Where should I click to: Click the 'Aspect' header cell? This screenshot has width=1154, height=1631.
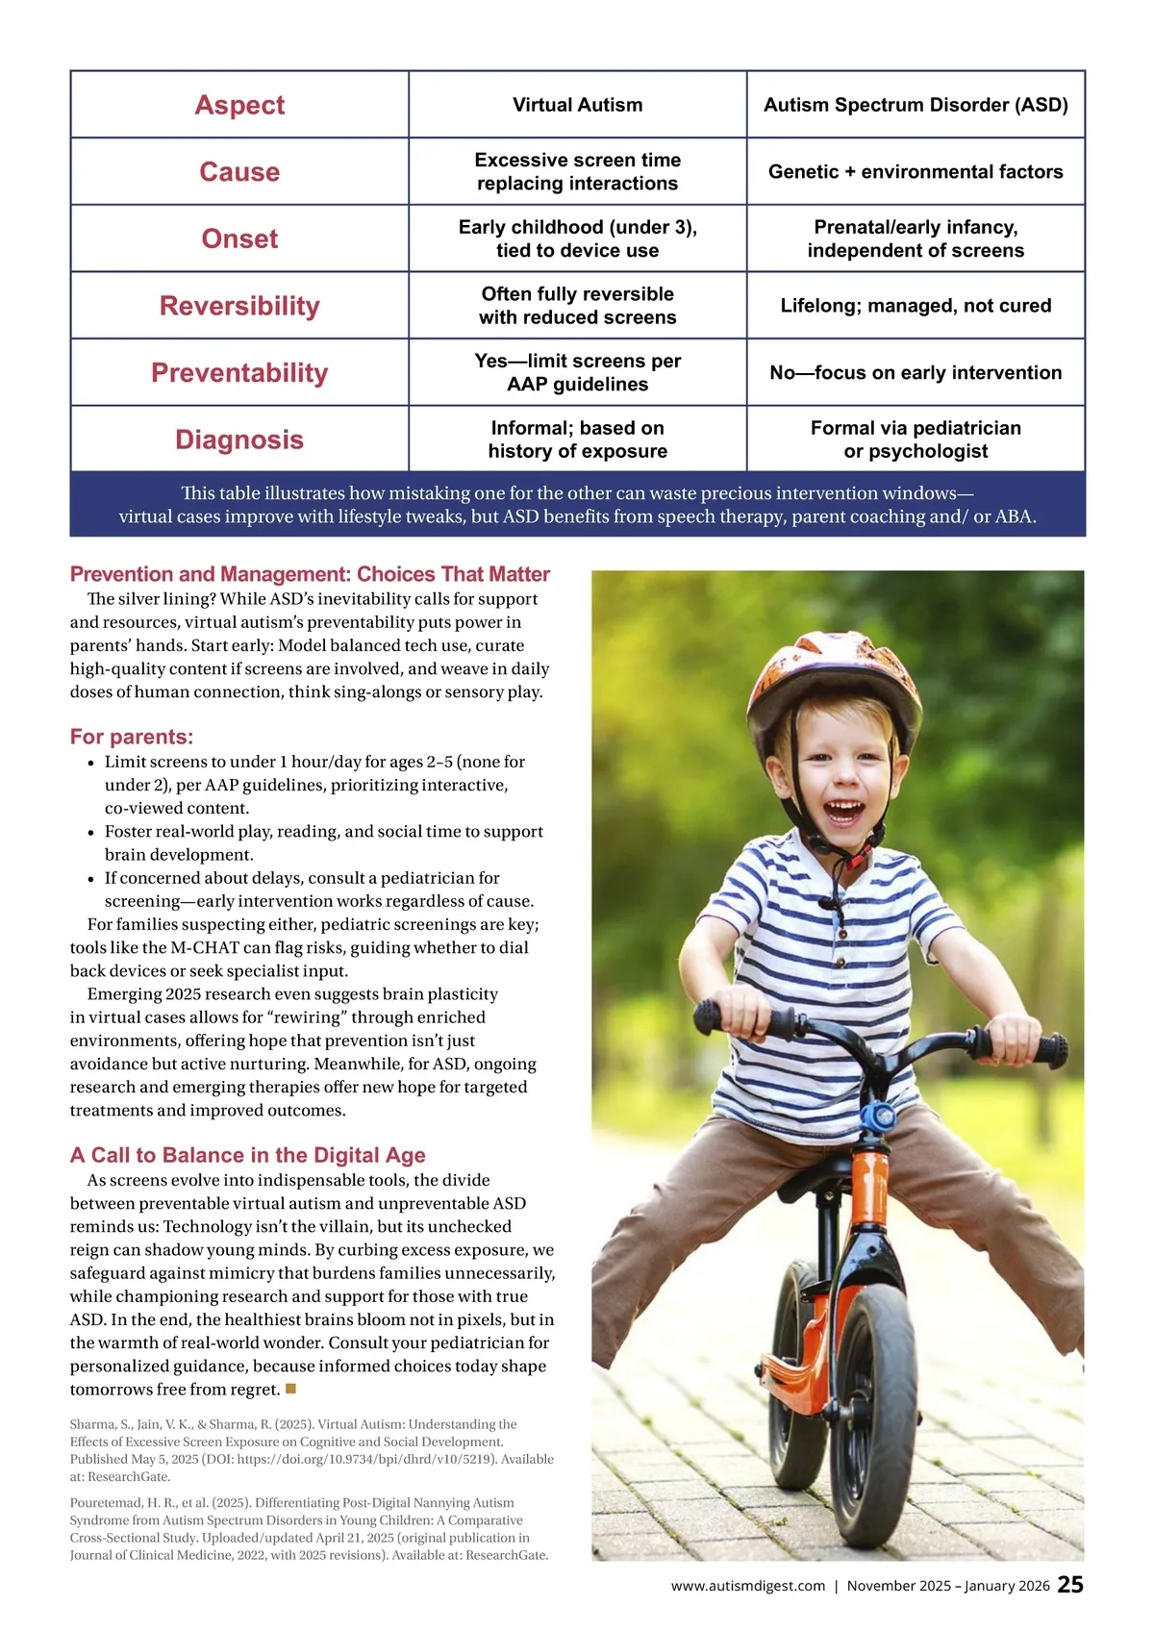point(239,105)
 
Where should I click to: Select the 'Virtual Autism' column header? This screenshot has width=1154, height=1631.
point(577,105)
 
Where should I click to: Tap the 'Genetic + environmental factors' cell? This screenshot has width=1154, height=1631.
point(916,172)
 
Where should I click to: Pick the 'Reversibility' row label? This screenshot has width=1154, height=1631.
point(239,306)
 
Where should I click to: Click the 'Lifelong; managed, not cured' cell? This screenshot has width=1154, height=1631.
point(916,306)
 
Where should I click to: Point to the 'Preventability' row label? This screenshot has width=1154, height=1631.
point(239,373)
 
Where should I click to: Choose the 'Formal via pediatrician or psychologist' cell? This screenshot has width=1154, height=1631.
point(916,439)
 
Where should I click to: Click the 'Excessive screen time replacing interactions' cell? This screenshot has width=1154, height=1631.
point(577,172)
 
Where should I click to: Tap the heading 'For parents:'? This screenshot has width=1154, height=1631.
point(132,737)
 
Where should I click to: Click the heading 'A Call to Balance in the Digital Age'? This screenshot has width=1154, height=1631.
point(247,1155)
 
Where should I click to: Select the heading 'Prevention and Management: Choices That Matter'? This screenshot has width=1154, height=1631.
point(310,574)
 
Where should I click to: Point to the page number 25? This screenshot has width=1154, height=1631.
point(1070,1585)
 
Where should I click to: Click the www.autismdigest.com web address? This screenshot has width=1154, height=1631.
point(748,1586)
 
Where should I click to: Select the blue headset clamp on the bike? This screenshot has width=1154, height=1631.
point(877,1118)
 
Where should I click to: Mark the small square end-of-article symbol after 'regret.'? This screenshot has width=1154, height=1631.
point(291,1389)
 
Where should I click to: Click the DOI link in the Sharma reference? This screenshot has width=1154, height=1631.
point(368,1459)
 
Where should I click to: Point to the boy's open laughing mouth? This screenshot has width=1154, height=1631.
point(844,811)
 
